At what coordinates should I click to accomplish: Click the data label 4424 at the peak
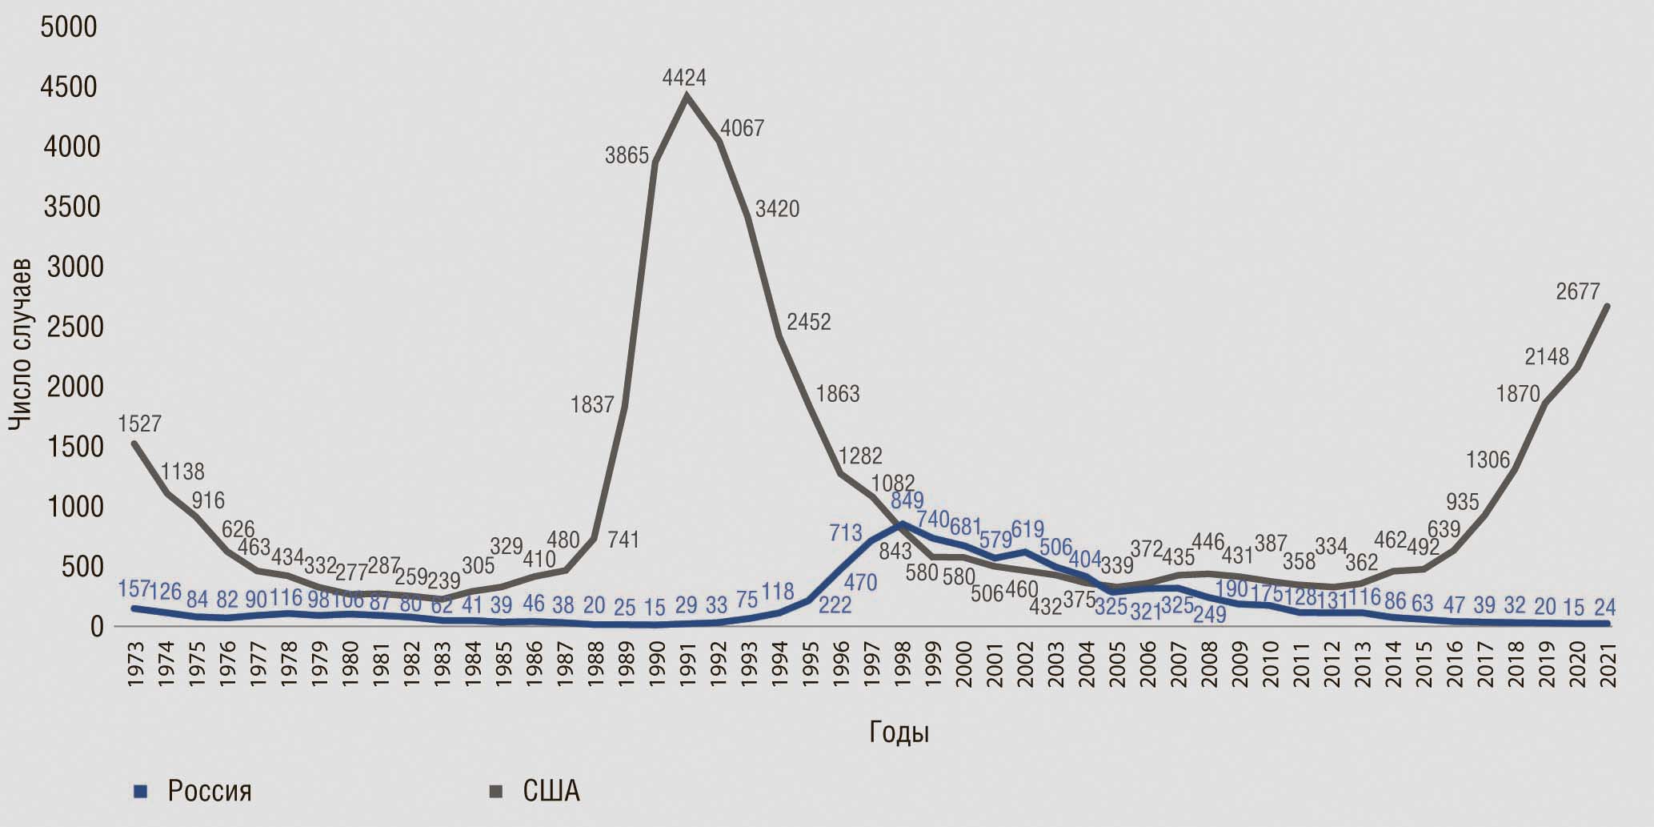coord(684,78)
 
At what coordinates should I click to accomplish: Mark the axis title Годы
coord(899,733)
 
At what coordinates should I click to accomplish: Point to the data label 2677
coord(1577,292)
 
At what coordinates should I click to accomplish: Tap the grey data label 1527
coord(140,424)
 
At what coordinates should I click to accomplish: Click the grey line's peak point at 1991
coord(687,95)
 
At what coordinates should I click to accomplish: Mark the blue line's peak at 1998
coord(903,524)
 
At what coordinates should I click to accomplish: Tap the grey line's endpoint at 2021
coord(1607,305)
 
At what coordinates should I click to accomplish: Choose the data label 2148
coord(1547,357)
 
